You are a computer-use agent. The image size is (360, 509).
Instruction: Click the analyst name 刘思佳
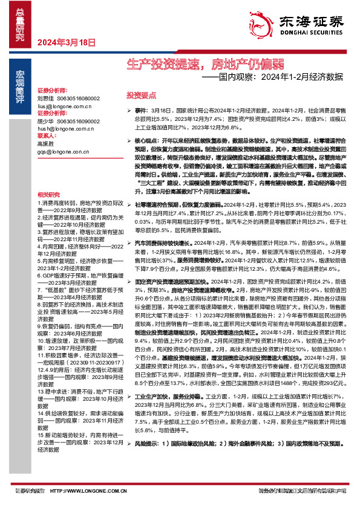[45, 97]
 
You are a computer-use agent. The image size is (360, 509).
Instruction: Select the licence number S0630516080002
[77, 97]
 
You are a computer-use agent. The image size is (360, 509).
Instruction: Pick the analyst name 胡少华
[45, 120]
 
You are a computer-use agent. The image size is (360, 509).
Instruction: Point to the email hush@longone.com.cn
[64, 128]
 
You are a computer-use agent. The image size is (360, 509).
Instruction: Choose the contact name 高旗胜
[45, 144]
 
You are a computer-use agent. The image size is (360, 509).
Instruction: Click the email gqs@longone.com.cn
[62, 152]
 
